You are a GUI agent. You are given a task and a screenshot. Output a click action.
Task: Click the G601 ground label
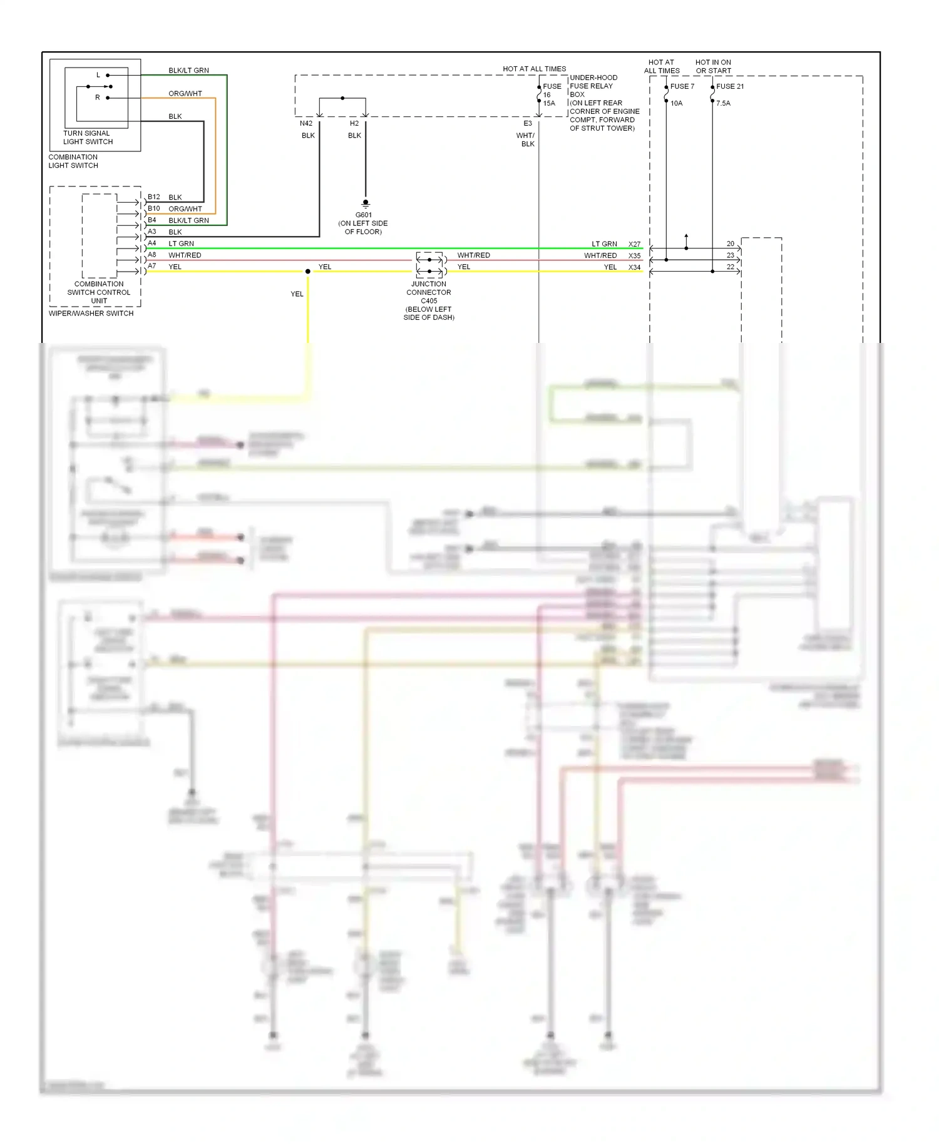pyautogui.click(x=364, y=215)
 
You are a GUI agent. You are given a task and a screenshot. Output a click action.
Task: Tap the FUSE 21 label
pyautogui.click(x=730, y=86)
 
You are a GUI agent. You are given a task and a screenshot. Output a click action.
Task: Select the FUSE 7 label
pyautogui.click(x=682, y=86)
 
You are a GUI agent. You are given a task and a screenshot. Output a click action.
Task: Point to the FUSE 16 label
pyautogui.click(x=551, y=91)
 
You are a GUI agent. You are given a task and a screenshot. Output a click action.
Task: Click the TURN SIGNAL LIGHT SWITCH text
pyautogui.click(x=88, y=138)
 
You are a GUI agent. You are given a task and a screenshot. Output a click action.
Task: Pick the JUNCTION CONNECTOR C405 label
pyautogui.click(x=429, y=292)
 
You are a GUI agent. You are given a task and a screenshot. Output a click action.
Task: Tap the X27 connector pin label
pyautogui.click(x=634, y=244)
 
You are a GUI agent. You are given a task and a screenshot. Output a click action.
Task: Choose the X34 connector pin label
pyautogui.click(x=634, y=267)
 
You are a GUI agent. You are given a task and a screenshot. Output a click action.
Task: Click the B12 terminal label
pyautogui.click(x=154, y=197)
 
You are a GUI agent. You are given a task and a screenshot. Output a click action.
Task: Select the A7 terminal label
pyautogui.click(x=152, y=266)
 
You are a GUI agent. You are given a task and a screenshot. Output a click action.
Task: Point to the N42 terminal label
pyautogui.click(x=306, y=123)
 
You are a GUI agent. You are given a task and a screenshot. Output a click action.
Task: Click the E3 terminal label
pyautogui.click(x=528, y=123)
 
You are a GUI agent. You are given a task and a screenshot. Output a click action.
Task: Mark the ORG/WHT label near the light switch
pyautogui.click(x=185, y=93)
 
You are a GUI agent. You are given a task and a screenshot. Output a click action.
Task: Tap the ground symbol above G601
pyautogui.click(x=366, y=203)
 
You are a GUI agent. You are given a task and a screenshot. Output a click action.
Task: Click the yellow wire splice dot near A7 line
pyautogui.click(x=307, y=272)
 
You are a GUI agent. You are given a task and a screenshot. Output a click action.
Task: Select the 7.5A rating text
pyautogui.click(x=723, y=103)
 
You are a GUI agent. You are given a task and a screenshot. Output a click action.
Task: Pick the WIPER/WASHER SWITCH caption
pyautogui.click(x=91, y=314)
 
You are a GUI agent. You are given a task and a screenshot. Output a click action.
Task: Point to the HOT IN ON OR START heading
pyautogui.click(x=713, y=66)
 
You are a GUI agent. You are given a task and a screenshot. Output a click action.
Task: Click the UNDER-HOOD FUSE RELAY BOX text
pyautogui.click(x=593, y=86)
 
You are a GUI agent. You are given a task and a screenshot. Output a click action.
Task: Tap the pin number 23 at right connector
pyautogui.click(x=730, y=255)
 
